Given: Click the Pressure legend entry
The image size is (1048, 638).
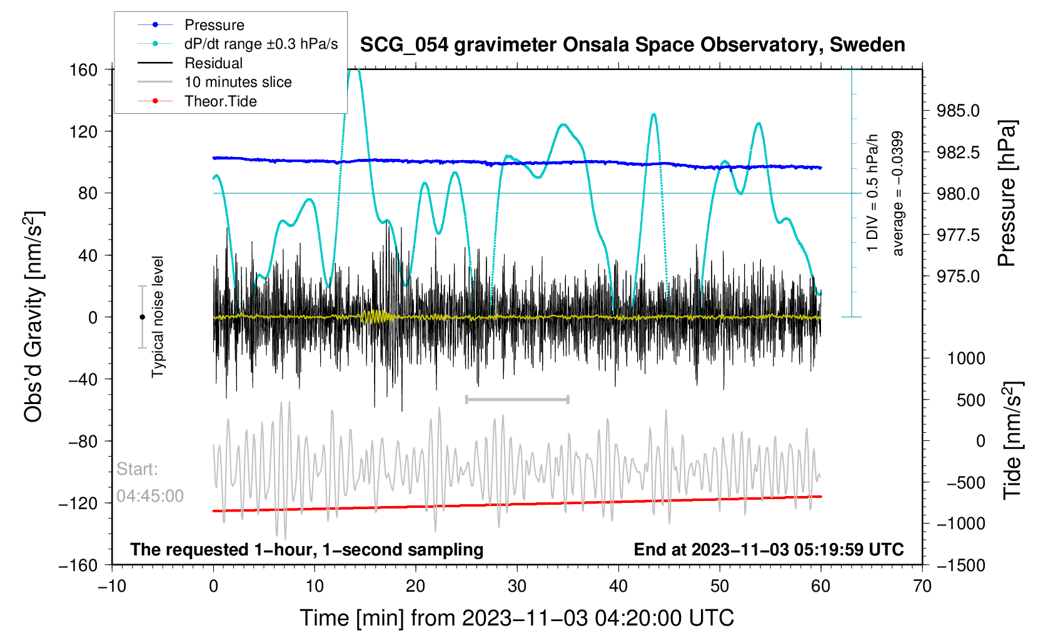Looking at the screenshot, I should tap(214, 25).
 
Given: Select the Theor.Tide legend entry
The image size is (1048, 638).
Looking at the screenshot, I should tap(220, 101).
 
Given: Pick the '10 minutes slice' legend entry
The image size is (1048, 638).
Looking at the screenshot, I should tap(238, 82).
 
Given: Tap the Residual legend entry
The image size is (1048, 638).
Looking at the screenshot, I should tap(213, 63).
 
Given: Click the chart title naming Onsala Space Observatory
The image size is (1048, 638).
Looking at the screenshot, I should tap(632, 45).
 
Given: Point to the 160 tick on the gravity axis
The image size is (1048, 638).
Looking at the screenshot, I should tap(84, 69).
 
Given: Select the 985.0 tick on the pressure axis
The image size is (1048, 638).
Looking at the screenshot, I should tap(958, 111).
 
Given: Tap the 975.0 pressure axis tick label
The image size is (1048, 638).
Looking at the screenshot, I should tap(958, 276).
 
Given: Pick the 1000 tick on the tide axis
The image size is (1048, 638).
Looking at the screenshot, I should tap(966, 358).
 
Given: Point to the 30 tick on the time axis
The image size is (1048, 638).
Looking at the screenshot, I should tap(517, 586).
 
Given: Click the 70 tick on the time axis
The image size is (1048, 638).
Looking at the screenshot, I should tap(922, 586).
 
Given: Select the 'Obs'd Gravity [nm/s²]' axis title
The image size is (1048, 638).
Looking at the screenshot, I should tap(34, 317).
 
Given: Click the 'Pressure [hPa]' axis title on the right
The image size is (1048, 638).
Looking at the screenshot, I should tap(1007, 193).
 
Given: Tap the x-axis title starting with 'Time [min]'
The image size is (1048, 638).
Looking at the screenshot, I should tap(516, 618).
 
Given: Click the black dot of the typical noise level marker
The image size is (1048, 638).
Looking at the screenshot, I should tap(142, 317).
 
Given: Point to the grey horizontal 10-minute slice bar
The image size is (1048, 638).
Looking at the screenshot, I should tap(517, 399).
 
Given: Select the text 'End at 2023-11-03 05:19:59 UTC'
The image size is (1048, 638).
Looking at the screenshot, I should tap(768, 550).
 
